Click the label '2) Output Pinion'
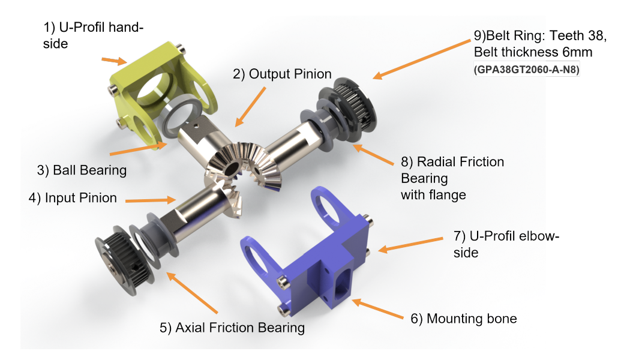point(282,74)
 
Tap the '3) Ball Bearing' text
point(82,170)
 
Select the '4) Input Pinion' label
point(73,198)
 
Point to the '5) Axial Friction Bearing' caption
point(232,328)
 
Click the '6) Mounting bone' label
point(464,319)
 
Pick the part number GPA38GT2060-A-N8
point(527,70)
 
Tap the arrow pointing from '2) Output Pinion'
point(251,107)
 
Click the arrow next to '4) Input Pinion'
point(151,200)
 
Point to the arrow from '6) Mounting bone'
point(377,308)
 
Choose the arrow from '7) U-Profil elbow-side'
point(410,244)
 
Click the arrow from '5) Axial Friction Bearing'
point(193,293)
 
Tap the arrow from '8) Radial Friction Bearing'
point(373,155)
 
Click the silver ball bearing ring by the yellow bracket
point(179,116)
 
